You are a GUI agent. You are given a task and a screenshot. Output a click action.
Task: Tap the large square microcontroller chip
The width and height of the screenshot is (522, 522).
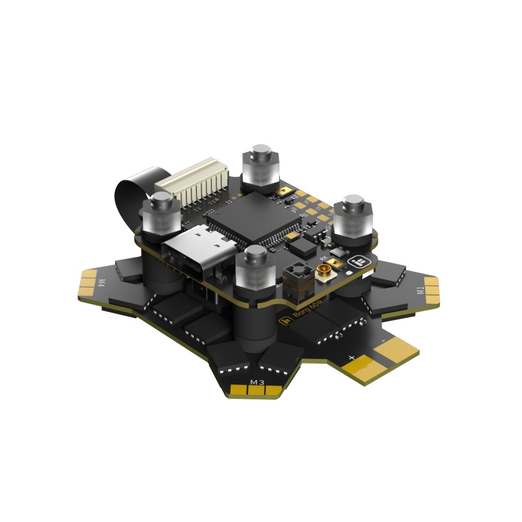(x=254, y=219)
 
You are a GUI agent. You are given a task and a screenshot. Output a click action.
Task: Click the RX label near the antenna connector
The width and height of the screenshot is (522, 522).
(x=322, y=258)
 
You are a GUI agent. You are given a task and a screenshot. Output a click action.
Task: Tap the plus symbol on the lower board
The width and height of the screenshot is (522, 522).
(x=351, y=358)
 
